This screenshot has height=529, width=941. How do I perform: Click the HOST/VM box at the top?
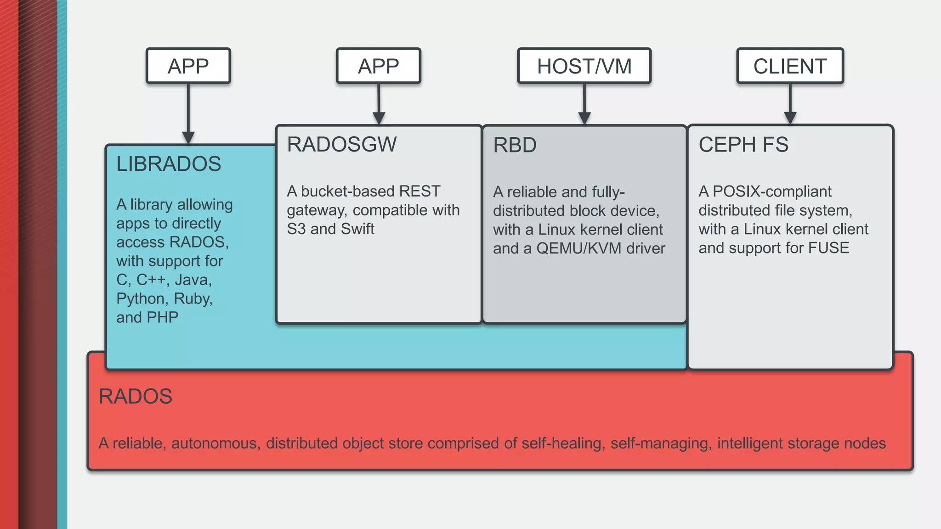coord(584,66)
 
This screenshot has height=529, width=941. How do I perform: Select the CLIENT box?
coord(790,66)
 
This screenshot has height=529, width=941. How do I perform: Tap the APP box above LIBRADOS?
coord(188,66)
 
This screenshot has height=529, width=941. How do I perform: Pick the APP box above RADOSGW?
coord(378,66)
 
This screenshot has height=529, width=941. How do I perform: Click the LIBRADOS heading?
coord(169,164)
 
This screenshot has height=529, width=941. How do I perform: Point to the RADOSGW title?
coord(341,144)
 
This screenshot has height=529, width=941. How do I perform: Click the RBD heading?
coord(515,145)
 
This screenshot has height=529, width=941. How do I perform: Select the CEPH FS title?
coord(743,145)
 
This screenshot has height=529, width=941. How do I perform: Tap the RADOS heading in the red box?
coord(136,396)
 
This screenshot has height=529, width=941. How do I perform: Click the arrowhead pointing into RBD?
coord(584,118)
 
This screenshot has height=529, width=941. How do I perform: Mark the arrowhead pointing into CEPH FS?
coord(790,118)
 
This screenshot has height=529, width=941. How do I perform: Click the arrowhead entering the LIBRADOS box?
coord(188,137)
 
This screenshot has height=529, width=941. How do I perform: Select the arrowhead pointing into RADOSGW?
coord(379,118)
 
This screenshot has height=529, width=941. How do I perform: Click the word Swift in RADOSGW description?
coord(357,229)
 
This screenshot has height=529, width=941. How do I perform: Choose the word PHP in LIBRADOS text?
coord(163,317)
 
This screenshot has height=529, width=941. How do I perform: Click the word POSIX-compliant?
coord(772,191)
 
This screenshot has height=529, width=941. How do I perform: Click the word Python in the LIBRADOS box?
coord(141,298)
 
